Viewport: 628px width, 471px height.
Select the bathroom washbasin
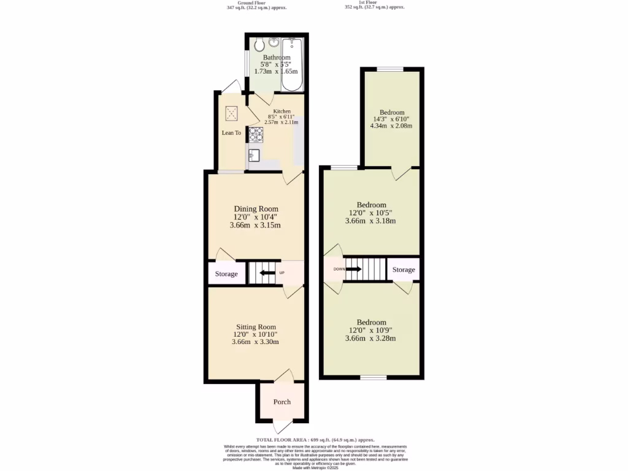pyautogui.click(x=273, y=42)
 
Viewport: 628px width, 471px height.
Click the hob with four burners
pyautogui.click(x=255, y=134)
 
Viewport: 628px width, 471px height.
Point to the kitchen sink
pyautogui.click(x=255, y=156)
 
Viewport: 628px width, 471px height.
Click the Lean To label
pyautogui.click(x=231, y=132)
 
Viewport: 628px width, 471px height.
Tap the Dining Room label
pyautogui.click(x=256, y=209)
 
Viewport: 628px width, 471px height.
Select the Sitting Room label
pyautogui.click(x=256, y=327)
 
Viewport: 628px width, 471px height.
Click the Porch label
pyautogui.click(x=281, y=402)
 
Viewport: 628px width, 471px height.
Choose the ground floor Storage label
pyautogui.click(x=226, y=274)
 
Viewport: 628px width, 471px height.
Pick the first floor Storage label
pyautogui.click(x=404, y=270)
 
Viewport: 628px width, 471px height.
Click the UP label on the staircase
pyautogui.click(x=282, y=273)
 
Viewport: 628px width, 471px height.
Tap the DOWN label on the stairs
pyautogui.click(x=339, y=269)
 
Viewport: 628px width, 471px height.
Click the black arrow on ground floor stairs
pyautogui.click(x=265, y=274)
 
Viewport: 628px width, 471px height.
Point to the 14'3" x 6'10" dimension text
pyautogui.click(x=391, y=119)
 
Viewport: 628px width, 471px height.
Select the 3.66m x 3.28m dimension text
pyautogui.click(x=370, y=339)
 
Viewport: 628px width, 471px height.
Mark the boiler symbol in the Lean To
pyautogui.click(x=232, y=113)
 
